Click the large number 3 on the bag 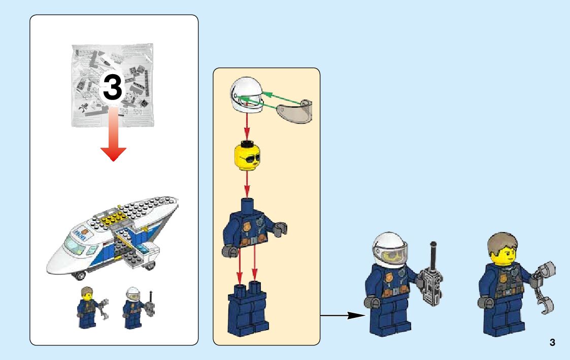[113, 87]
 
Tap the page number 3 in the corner [552, 342]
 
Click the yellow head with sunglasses [247, 157]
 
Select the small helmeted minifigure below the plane [133, 307]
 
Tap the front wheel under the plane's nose [79, 276]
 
